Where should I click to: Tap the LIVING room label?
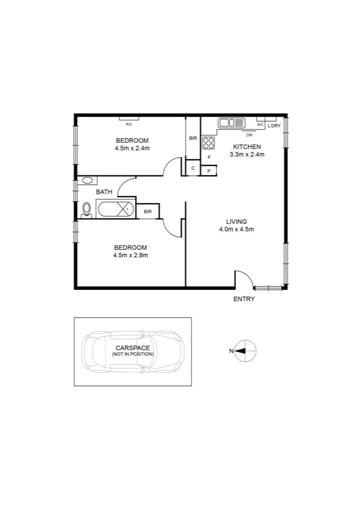click(236, 222)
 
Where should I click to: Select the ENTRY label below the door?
click(244, 299)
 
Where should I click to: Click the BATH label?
click(104, 192)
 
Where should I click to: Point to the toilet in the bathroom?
click(86, 210)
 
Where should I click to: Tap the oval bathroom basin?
click(87, 180)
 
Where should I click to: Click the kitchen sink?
click(231, 123)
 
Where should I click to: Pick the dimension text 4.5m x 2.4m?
click(132, 148)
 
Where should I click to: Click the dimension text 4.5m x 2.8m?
click(131, 255)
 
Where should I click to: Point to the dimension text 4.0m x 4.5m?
click(236, 230)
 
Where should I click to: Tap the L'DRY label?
click(274, 126)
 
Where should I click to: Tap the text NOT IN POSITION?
click(132, 353)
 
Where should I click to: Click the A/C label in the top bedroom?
click(129, 124)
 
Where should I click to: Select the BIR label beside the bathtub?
click(147, 212)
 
